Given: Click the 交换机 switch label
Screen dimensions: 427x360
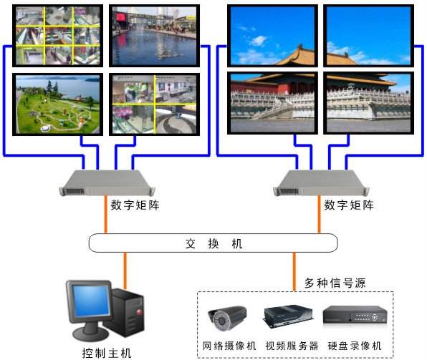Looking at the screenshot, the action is pyautogui.click(x=214, y=243).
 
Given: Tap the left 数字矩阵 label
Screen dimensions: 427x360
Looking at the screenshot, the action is pyautogui.click(x=135, y=205).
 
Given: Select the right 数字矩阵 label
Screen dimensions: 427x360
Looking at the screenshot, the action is pyautogui.click(x=349, y=205).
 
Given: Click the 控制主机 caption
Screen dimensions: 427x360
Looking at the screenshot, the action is pyautogui.click(x=107, y=353).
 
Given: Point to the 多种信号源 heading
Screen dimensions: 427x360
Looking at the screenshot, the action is pyautogui.click(x=335, y=283).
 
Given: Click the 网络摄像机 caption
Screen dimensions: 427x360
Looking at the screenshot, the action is pyautogui.click(x=229, y=346).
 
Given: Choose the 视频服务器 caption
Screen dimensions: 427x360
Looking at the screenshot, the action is pyautogui.click(x=292, y=346).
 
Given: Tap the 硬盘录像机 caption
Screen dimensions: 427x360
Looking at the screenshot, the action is pyautogui.click(x=355, y=346).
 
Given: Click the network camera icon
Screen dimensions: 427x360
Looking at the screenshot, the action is pyautogui.click(x=227, y=318).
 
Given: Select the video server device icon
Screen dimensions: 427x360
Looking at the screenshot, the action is pyautogui.click(x=288, y=316).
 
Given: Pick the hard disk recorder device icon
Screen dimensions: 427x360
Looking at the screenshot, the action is pyautogui.click(x=355, y=315).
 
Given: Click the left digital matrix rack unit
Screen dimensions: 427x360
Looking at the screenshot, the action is pyautogui.click(x=107, y=183).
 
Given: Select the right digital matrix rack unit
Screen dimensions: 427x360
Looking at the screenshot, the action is pyautogui.click(x=321, y=183).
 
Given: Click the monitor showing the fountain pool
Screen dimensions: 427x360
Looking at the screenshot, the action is pyautogui.click(x=155, y=36).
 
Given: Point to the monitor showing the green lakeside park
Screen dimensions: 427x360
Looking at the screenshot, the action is pyautogui.click(x=58, y=104).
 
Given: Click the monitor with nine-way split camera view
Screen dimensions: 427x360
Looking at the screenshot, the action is pyautogui.click(x=58, y=36).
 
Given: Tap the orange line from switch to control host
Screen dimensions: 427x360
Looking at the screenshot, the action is pyautogui.click(x=125, y=271).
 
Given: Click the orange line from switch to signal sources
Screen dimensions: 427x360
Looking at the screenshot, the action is pyautogui.click(x=294, y=271).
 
